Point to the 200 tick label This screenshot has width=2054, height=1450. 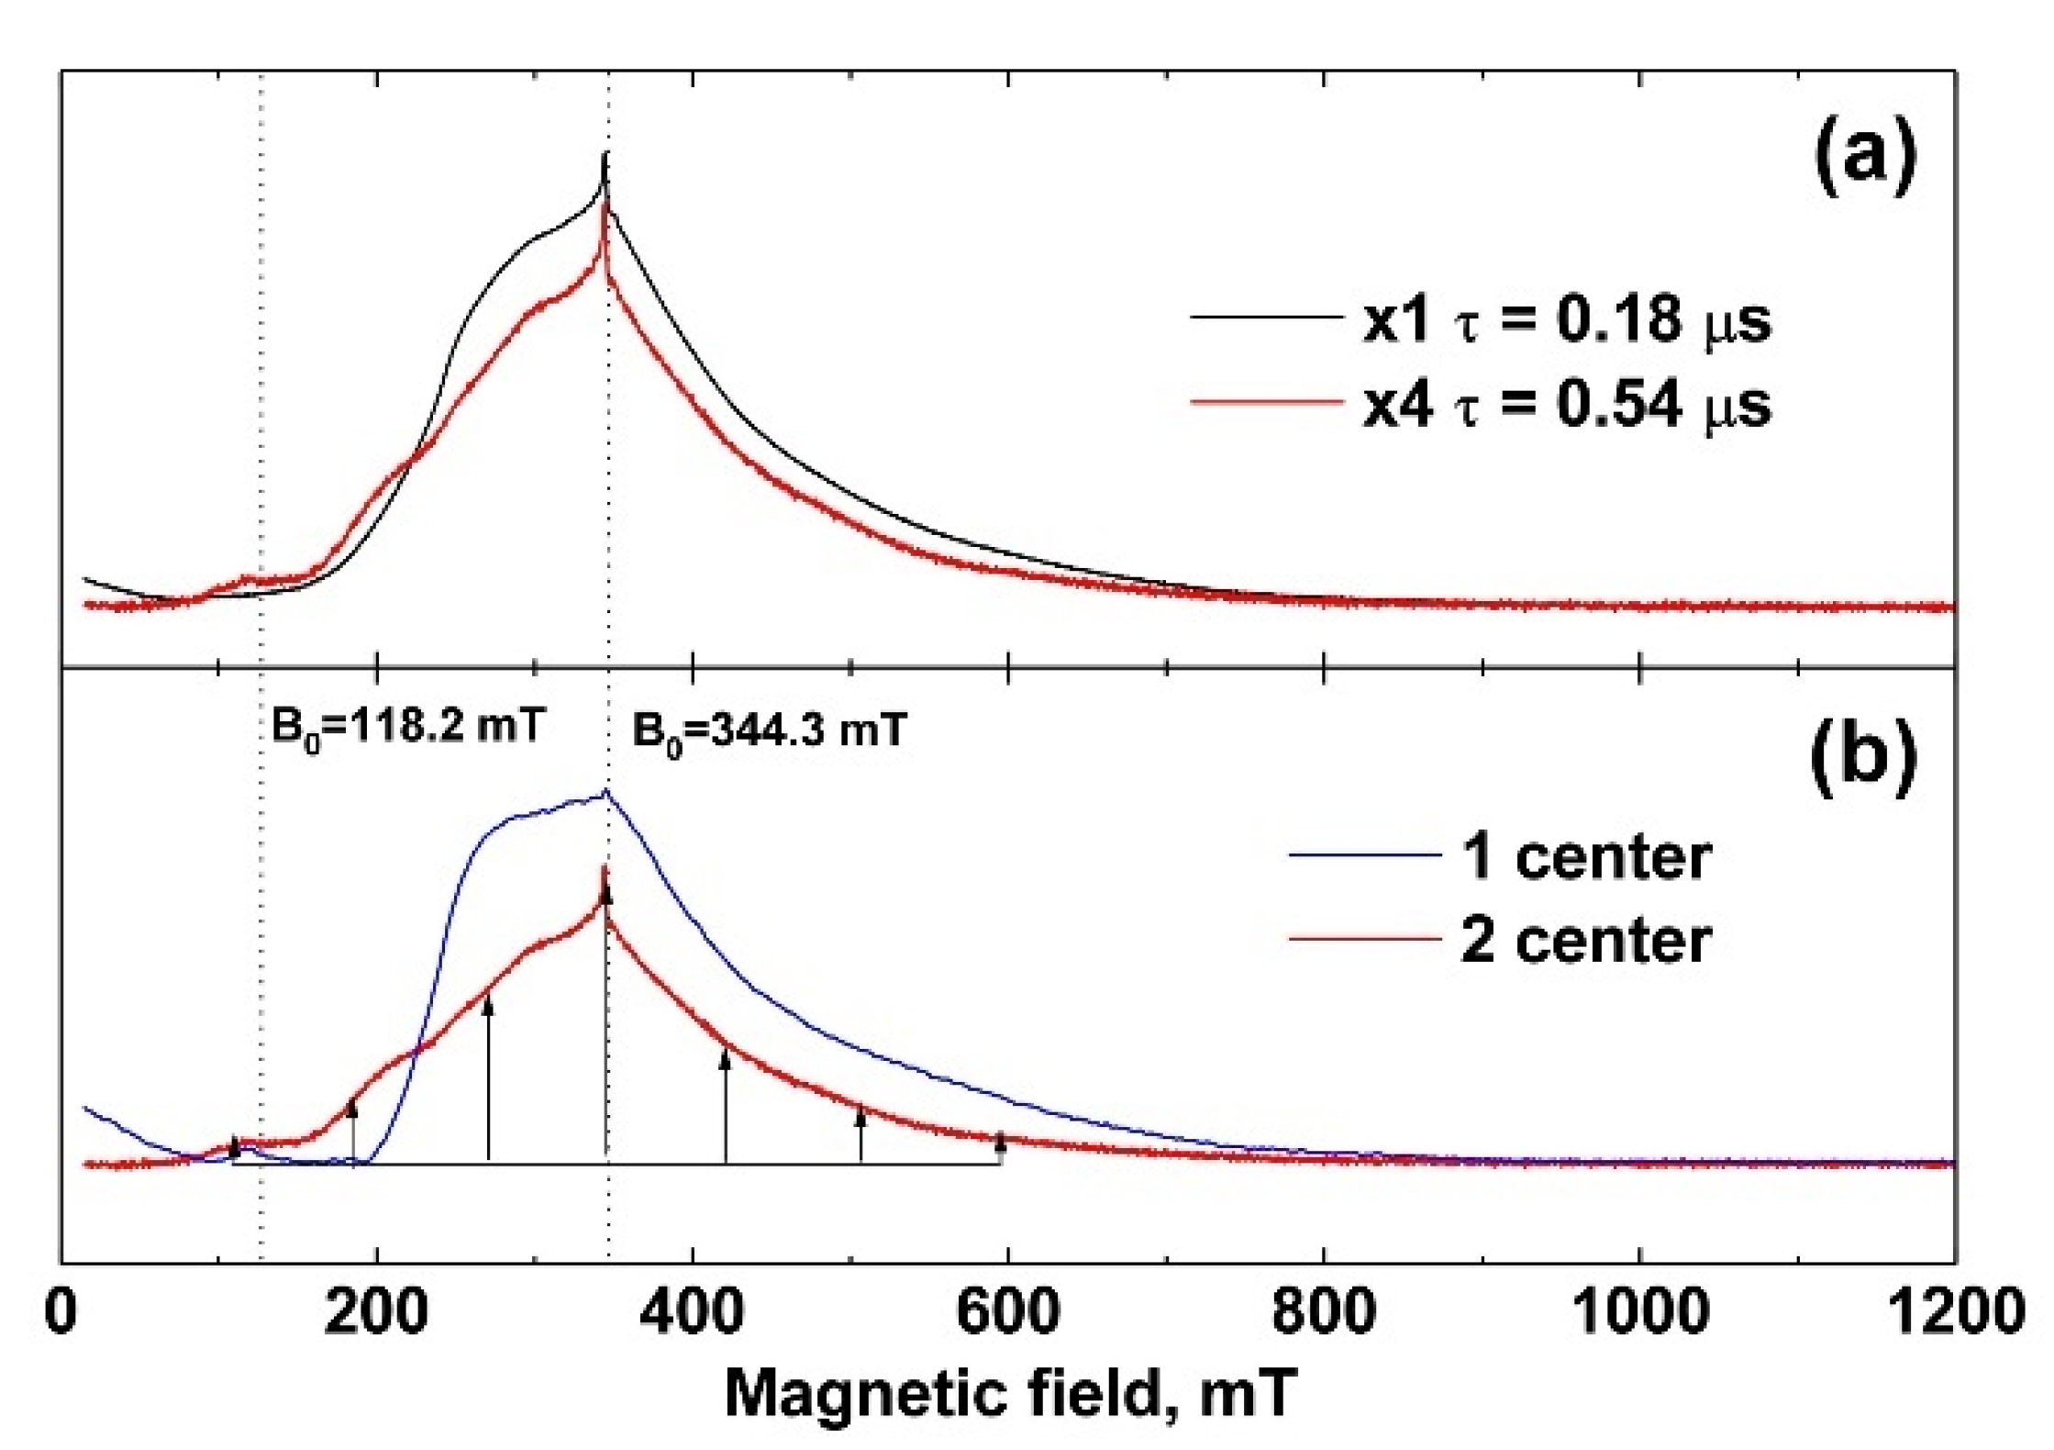click(375, 1312)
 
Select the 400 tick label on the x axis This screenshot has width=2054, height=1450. click(691, 1312)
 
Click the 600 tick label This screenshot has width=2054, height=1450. click(1007, 1312)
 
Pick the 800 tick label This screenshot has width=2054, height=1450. click(1323, 1312)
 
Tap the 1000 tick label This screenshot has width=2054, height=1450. click(1639, 1312)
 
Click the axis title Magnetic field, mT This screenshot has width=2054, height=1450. click(1010, 1395)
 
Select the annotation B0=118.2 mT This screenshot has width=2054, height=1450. click(408, 728)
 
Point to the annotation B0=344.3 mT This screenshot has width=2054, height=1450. click(769, 731)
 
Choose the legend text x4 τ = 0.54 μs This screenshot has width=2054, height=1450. click(1566, 404)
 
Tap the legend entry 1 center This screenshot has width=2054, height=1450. click(1585, 857)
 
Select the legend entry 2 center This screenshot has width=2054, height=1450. click(1585, 941)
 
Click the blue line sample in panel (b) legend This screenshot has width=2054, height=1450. click(1364, 854)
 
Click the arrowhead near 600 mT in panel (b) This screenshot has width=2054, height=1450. click(1000, 1141)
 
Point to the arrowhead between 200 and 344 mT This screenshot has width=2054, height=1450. click(488, 1005)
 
